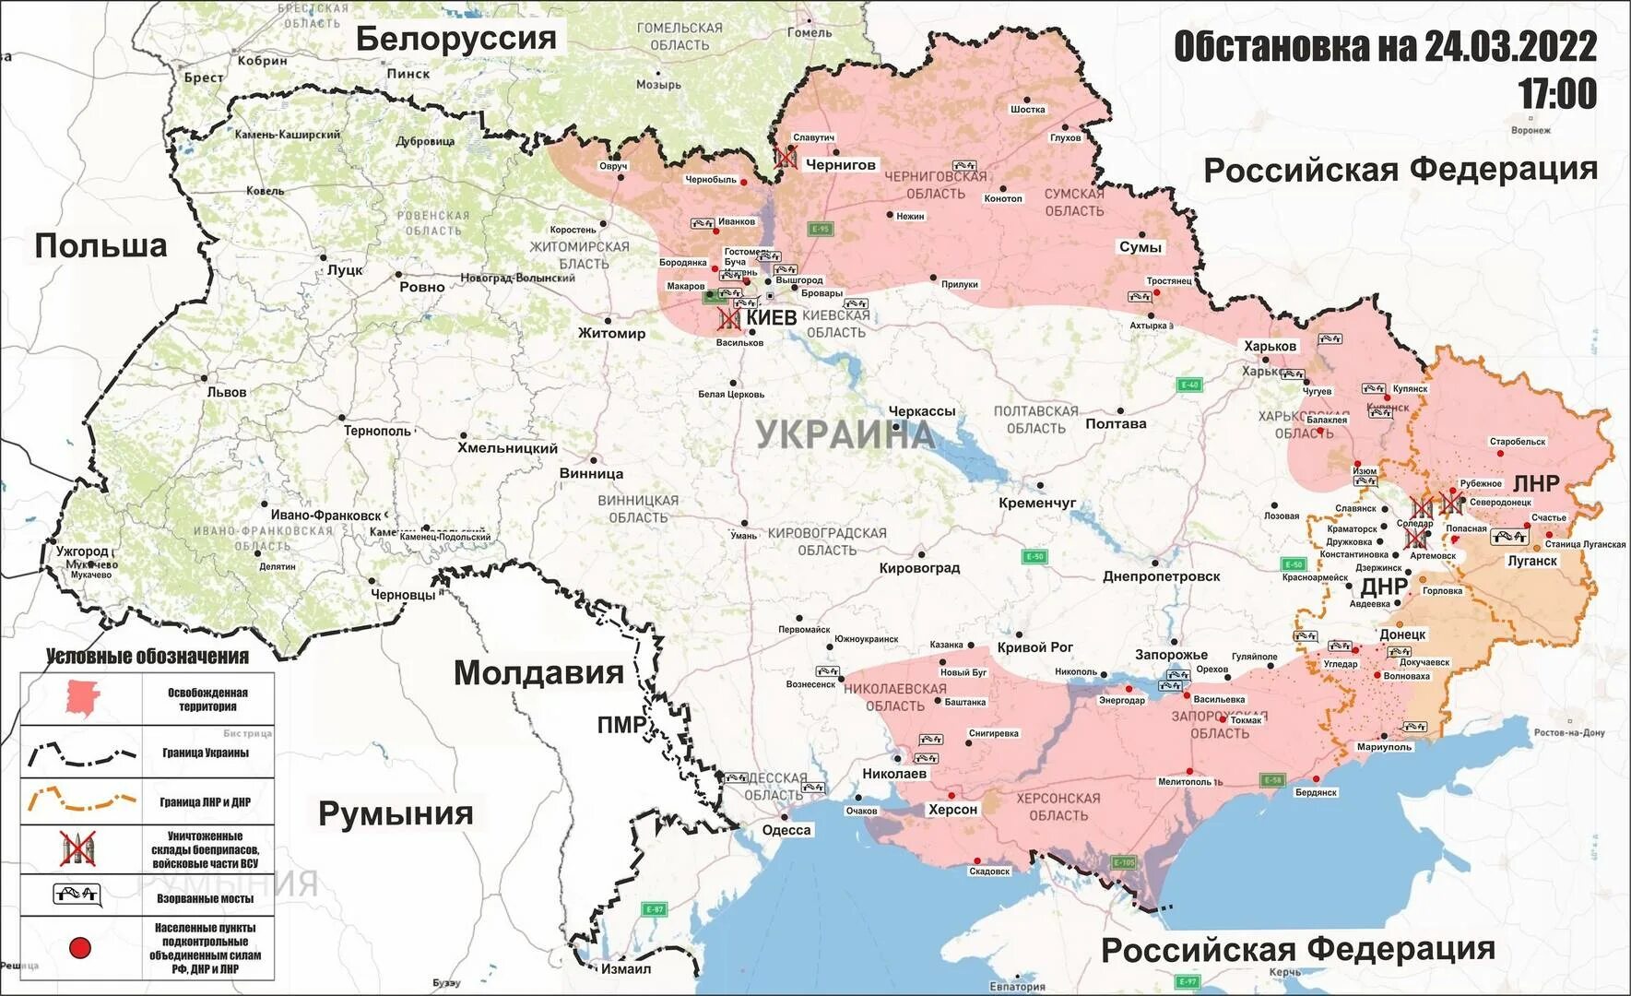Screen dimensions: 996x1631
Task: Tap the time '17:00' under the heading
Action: pos(1557,94)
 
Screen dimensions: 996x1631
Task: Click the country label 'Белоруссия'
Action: pos(456,39)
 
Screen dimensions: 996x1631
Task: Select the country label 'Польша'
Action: pos(100,245)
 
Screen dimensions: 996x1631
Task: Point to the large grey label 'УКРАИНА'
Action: pos(845,433)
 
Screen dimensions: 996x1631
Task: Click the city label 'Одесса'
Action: pos(786,830)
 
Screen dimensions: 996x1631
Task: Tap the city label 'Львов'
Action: pos(227,392)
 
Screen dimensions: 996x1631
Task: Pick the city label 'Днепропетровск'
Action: pos(1161,576)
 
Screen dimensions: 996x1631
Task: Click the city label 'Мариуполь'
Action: pos(1384,747)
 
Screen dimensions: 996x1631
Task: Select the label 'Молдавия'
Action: pos(538,672)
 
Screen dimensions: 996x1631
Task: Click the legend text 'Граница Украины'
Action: pos(206,753)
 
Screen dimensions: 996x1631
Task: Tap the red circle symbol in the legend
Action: pos(80,947)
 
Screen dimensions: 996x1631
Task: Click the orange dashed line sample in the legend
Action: pos(81,800)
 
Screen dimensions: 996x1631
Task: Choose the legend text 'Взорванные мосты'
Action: pos(205,898)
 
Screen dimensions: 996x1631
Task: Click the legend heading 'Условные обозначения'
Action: pos(148,657)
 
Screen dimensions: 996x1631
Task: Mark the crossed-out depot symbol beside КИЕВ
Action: pos(729,319)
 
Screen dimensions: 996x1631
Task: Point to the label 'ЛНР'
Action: pos(1536,483)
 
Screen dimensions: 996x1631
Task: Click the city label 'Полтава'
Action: pos(1116,424)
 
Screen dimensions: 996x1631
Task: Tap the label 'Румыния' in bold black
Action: pos(396,813)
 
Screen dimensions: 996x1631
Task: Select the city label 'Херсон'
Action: pos(952,810)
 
